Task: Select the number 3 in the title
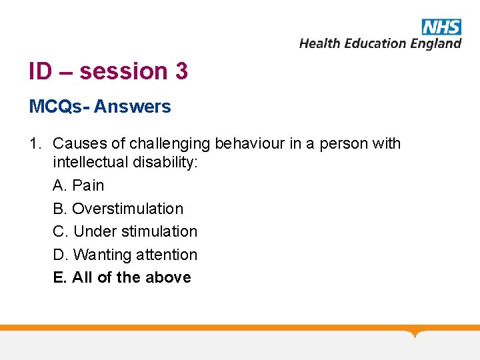(x=181, y=71)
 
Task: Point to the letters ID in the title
(x=40, y=71)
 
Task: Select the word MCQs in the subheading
(x=56, y=107)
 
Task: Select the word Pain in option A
(x=88, y=185)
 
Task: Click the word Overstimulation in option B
(x=127, y=209)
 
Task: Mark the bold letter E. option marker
(x=60, y=277)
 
